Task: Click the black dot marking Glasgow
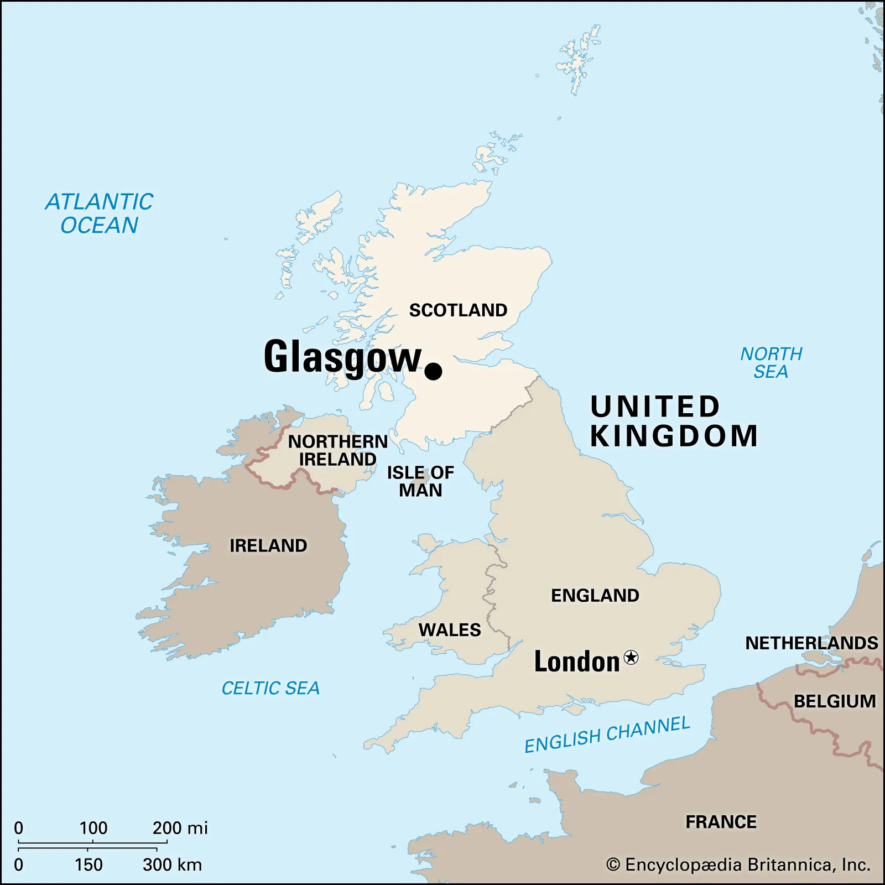(433, 371)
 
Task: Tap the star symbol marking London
(631, 657)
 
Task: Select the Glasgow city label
(342, 357)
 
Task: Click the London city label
(576, 662)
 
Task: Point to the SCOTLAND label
(458, 310)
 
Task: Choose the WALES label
(450, 630)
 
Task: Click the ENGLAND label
(595, 596)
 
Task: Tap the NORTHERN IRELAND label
(338, 450)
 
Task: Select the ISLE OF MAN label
(420, 481)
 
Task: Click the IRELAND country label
(268, 546)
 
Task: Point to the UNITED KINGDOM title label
(673, 421)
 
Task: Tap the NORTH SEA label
(771, 363)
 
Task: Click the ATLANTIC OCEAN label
(100, 214)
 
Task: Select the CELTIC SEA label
(270, 688)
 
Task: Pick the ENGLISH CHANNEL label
(607, 734)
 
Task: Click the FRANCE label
(721, 822)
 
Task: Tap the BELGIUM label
(835, 701)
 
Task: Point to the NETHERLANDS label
(811, 643)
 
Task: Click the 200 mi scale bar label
(180, 828)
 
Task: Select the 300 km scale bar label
(172, 865)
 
